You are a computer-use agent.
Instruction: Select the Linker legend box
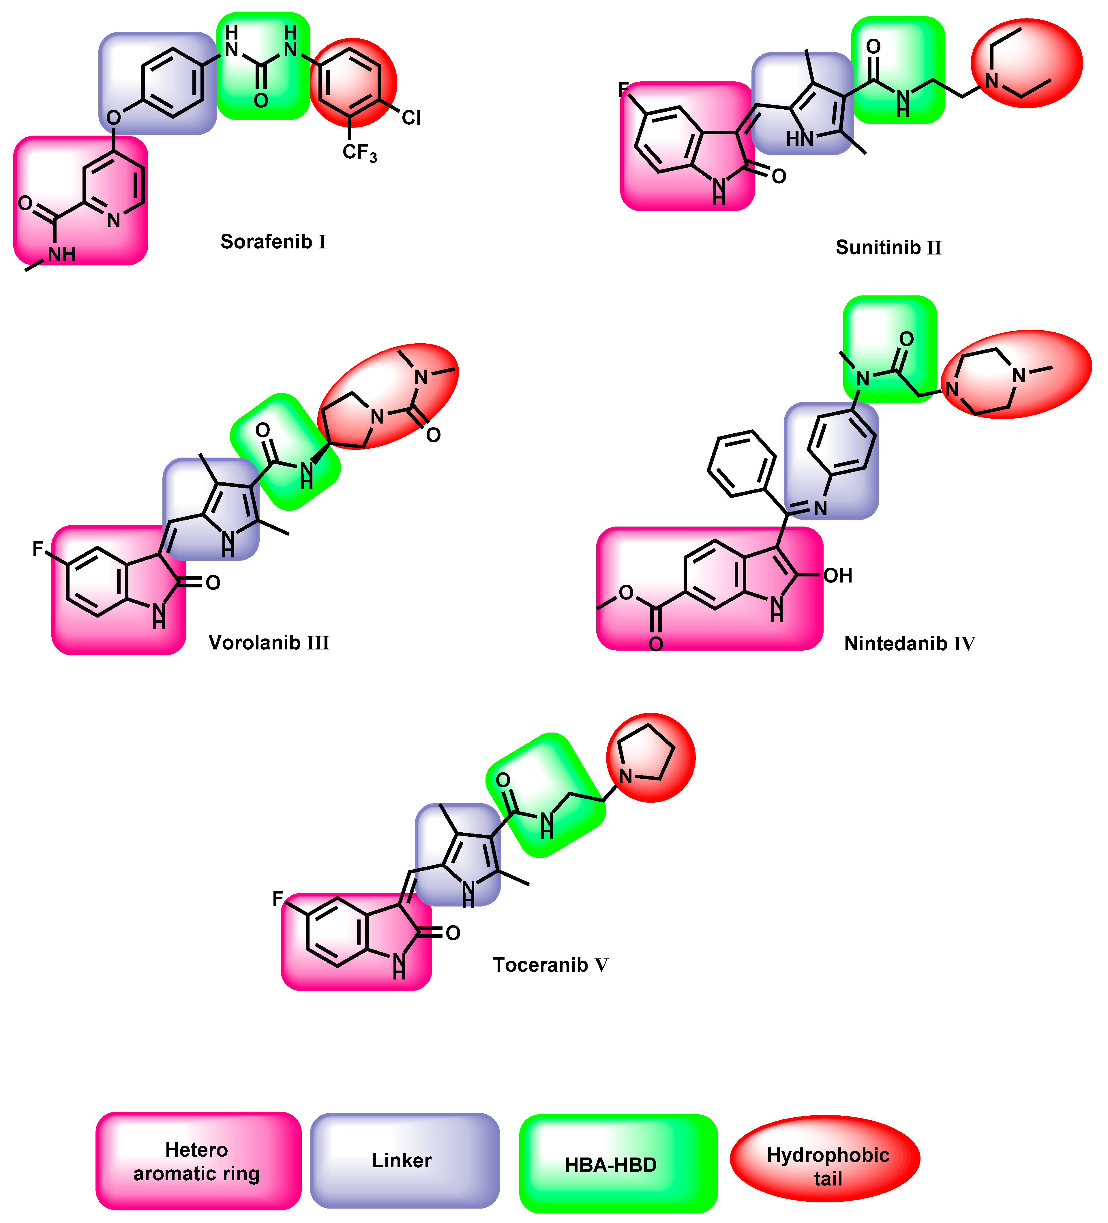(x=404, y=1160)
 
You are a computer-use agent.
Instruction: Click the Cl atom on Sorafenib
(x=410, y=118)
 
